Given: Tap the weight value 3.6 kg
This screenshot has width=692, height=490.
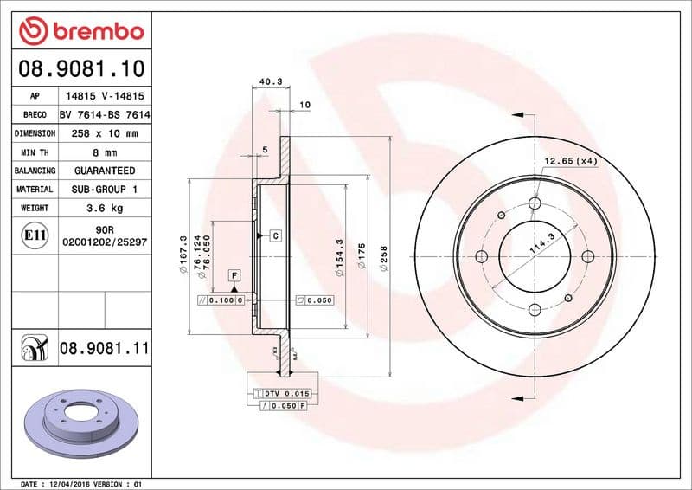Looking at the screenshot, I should click(105, 208).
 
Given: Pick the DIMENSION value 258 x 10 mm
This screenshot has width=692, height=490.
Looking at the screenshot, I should click(105, 134).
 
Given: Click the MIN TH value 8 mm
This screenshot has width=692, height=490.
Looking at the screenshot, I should click(105, 152).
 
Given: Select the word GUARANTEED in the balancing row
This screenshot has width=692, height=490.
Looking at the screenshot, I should click(105, 171).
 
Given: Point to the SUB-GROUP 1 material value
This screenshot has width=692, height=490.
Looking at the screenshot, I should click(105, 189).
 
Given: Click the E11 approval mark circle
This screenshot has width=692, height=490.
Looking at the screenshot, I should click(35, 235).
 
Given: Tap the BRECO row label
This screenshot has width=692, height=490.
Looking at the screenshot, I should click(35, 115).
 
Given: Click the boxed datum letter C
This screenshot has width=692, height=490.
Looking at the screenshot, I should click(274, 235).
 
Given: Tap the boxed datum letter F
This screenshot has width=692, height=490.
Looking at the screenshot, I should click(234, 275).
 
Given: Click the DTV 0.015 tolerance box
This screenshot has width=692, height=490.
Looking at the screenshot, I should click(285, 394).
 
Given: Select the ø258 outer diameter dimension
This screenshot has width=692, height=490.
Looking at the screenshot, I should click(383, 258).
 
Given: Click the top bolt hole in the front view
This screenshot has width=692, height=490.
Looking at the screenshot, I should click(534, 203).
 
